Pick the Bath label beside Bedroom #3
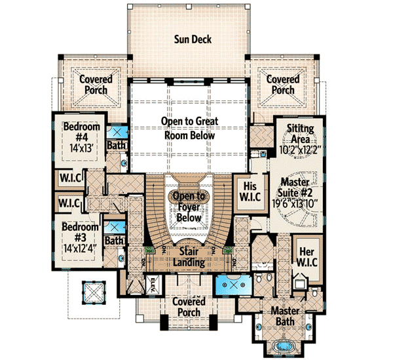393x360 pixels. (x=115, y=241)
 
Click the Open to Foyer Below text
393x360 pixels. (x=189, y=207)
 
